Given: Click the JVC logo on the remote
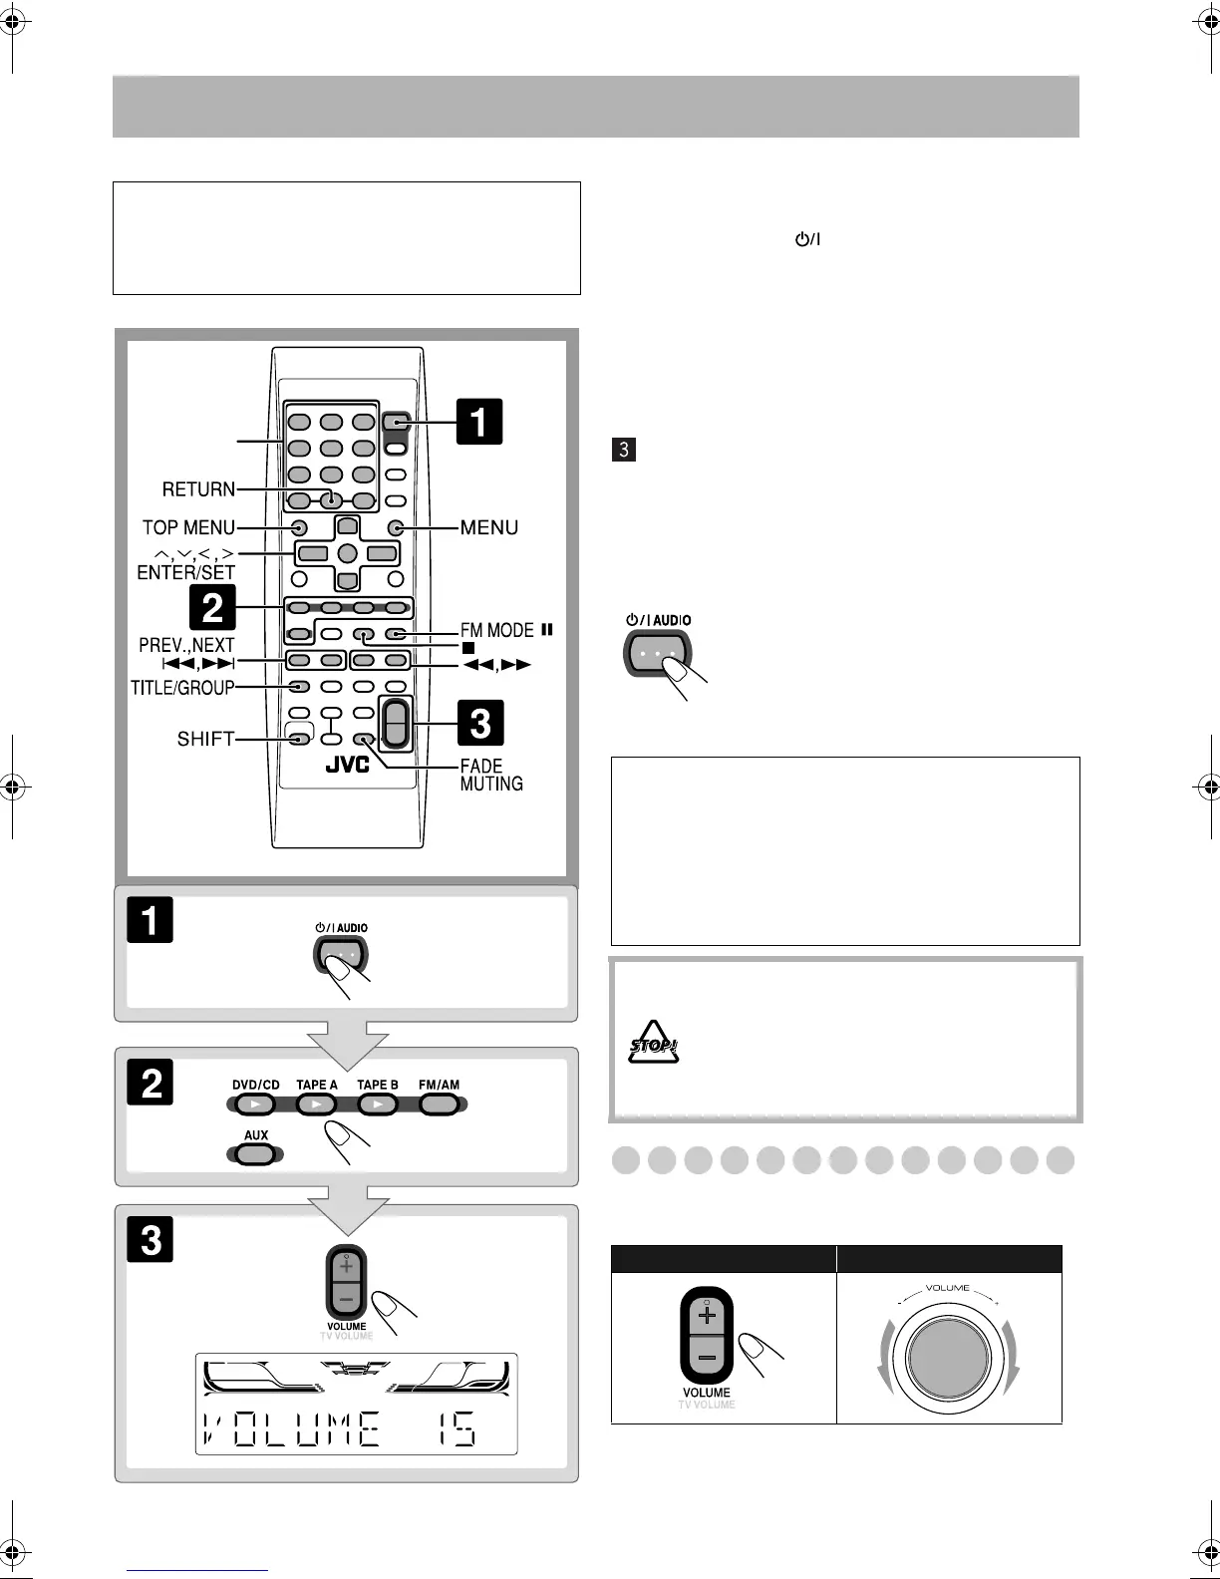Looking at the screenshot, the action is (x=347, y=765).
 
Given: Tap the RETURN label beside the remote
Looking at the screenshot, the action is (x=199, y=489).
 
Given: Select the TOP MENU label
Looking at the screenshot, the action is (x=188, y=527).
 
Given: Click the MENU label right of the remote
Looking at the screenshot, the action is (x=488, y=527).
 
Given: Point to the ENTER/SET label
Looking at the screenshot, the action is (x=186, y=572).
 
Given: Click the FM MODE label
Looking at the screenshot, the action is (x=496, y=630).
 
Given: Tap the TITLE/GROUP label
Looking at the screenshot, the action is (x=182, y=687).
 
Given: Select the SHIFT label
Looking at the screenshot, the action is (x=205, y=739).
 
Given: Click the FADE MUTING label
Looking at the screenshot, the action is (x=490, y=775).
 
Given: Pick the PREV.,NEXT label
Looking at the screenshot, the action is (x=186, y=645).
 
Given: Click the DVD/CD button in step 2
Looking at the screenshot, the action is (x=255, y=1105).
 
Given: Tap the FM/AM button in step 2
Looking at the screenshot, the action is (x=439, y=1105).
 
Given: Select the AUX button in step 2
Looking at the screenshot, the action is (x=256, y=1154).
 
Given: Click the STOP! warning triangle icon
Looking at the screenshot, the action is (x=653, y=1043).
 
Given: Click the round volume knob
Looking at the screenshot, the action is (x=948, y=1357).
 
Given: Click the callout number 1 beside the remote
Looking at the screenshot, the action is (x=478, y=421).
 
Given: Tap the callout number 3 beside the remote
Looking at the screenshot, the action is (x=479, y=723).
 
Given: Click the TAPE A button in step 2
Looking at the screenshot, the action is (x=317, y=1105).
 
